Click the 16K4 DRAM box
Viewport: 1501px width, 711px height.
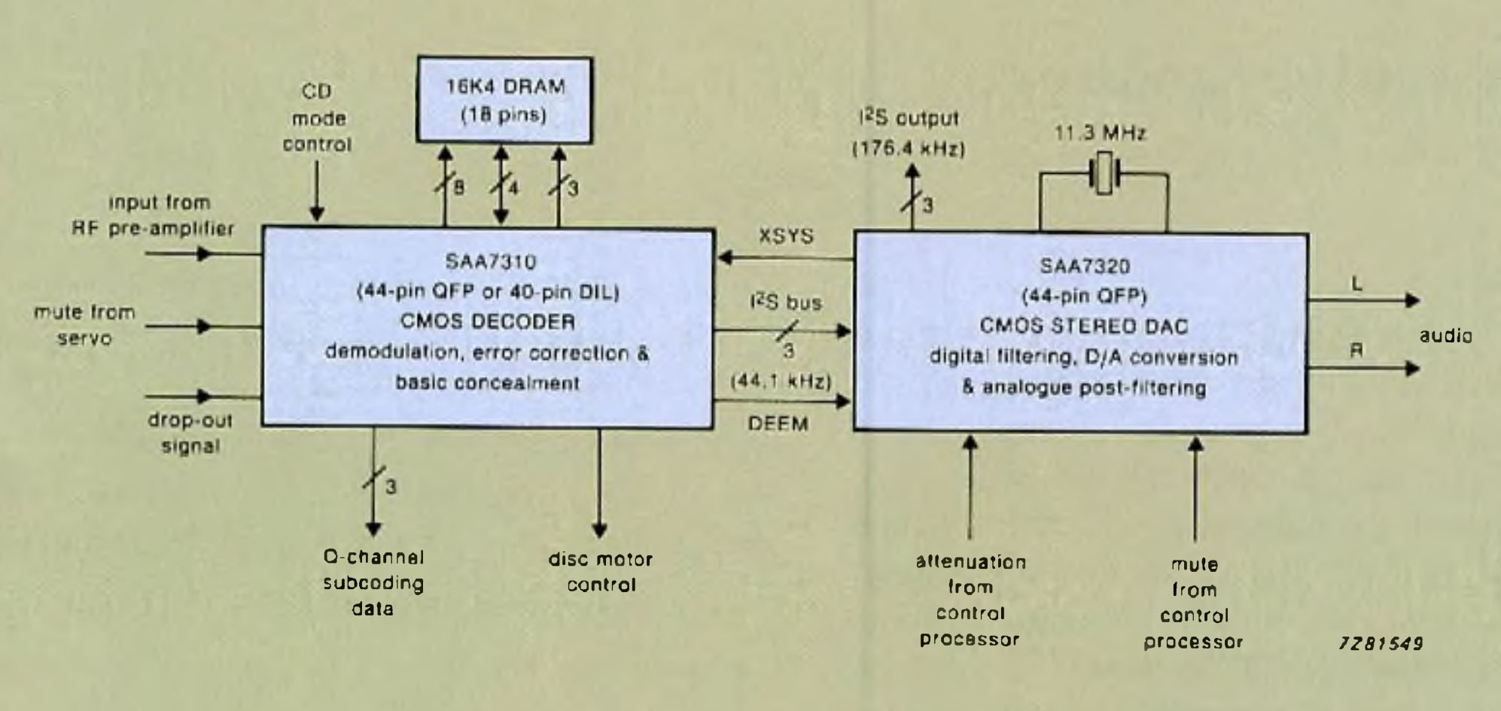click(x=504, y=99)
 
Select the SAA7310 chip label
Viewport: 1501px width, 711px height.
click(x=490, y=262)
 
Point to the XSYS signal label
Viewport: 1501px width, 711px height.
click(x=786, y=235)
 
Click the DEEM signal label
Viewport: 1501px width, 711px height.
click(x=778, y=424)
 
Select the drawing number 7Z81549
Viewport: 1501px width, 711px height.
click(x=1381, y=643)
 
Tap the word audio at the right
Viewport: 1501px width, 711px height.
click(x=1445, y=336)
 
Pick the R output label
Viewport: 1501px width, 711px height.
click(x=1356, y=351)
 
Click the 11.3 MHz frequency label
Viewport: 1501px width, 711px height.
click(x=1100, y=134)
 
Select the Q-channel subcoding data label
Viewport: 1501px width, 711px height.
click(x=373, y=583)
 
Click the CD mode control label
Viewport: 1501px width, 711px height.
click(x=317, y=118)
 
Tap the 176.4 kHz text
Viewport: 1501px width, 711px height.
click(x=909, y=149)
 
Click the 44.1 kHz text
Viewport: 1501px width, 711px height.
click(x=781, y=381)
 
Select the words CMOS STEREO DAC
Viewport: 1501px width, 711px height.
click(x=1083, y=327)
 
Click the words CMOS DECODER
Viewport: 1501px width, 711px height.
click(x=488, y=322)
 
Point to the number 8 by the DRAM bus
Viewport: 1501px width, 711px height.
click(x=458, y=187)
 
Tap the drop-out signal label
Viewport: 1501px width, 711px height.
click(x=190, y=433)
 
